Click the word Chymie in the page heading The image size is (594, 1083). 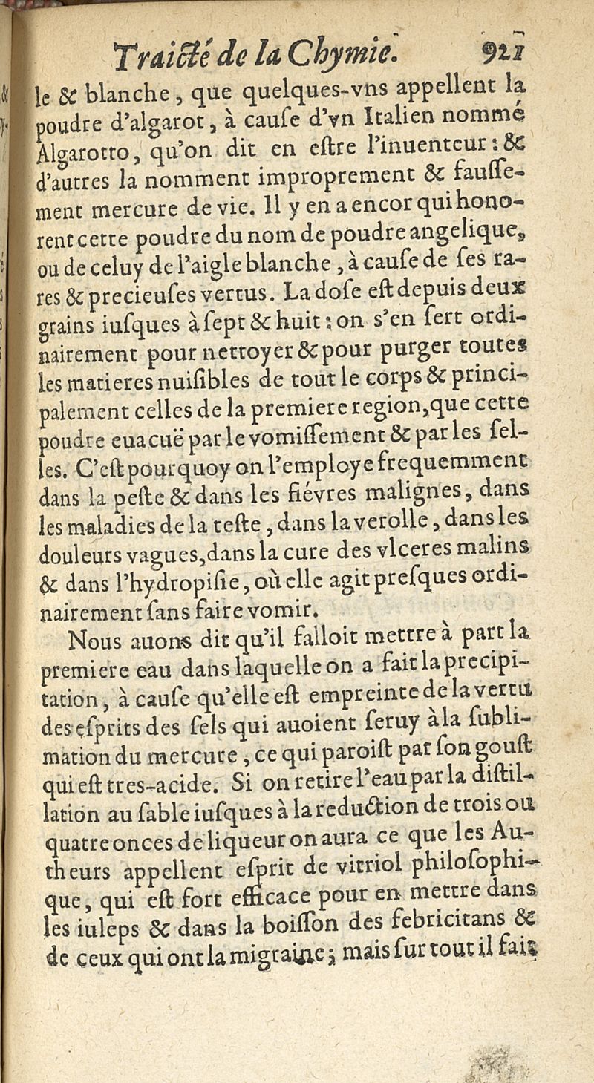(355, 53)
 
